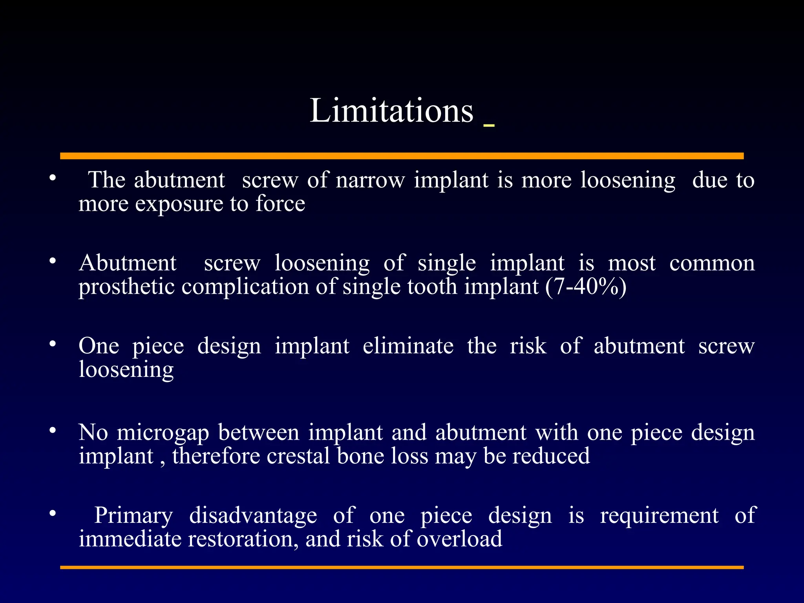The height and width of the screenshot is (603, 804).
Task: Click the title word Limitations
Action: click(x=391, y=111)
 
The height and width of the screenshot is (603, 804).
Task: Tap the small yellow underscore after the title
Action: click(x=489, y=125)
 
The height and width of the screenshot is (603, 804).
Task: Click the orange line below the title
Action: click(x=402, y=156)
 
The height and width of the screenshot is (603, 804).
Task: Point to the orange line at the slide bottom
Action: click(x=402, y=567)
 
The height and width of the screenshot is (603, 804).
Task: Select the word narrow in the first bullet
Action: click(x=370, y=181)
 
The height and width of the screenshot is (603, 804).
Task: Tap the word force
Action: click(x=280, y=204)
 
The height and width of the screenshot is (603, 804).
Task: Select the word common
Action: click(x=712, y=263)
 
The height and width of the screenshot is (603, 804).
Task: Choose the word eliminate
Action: click(x=408, y=346)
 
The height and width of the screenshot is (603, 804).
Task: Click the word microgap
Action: click(x=163, y=433)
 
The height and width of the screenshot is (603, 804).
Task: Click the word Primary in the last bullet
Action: click(x=133, y=516)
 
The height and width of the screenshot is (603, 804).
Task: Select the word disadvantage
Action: click(x=253, y=516)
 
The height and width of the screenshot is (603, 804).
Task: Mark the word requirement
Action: click(x=659, y=516)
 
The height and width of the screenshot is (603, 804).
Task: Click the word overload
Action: click(x=459, y=539)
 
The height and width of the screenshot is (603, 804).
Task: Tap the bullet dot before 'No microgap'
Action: click(x=53, y=431)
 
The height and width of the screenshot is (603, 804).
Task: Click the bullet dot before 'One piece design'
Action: click(x=53, y=344)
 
